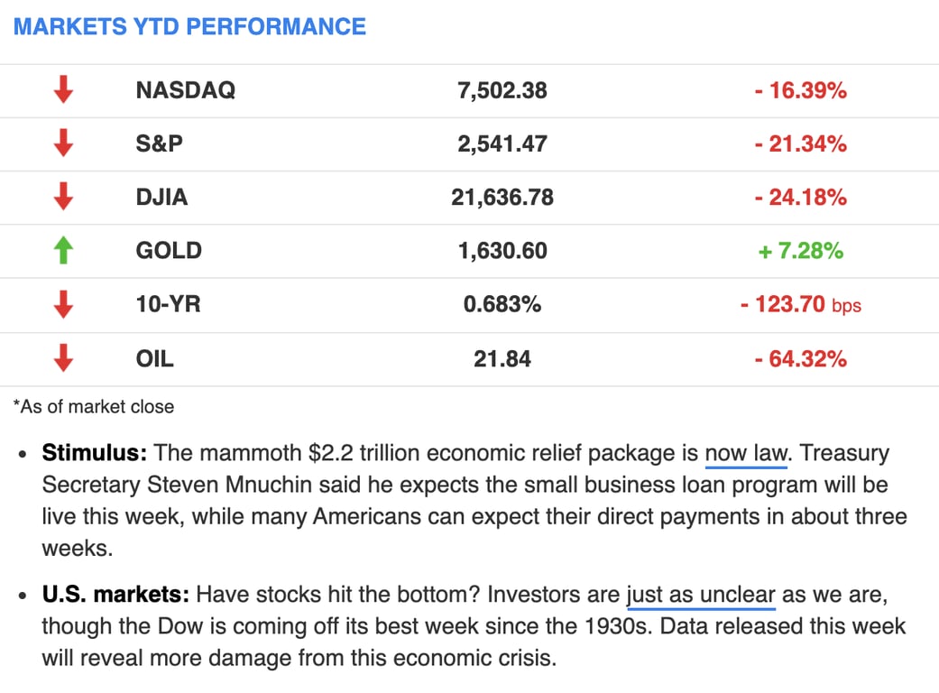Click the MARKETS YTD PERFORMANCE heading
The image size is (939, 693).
(x=189, y=26)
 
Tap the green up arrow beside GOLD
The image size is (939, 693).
(x=62, y=251)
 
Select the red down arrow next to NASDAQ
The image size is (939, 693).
(x=62, y=90)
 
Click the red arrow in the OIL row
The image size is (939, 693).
(x=62, y=359)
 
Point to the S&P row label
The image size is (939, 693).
(x=159, y=143)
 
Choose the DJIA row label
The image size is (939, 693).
(x=161, y=198)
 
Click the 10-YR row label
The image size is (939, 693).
(x=168, y=305)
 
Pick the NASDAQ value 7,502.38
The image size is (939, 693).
(x=502, y=90)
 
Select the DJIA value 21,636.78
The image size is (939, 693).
(x=502, y=198)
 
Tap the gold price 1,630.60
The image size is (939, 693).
(x=502, y=251)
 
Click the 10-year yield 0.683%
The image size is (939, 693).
(x=502, y=305)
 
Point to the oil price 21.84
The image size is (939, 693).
(x=502, y=359)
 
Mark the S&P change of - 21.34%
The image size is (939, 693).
(x=800, y=143)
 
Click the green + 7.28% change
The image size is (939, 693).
(x=800, y=251)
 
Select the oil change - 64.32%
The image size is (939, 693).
(x=800, y=359)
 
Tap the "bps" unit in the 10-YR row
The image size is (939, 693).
(x=846, y=306)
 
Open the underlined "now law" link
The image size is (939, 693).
(x=746, y=453)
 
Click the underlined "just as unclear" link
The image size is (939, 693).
(x=701, y=596)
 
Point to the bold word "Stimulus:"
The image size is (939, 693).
(x=93, y=453)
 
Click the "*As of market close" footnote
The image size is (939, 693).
(x=94, y=407)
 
